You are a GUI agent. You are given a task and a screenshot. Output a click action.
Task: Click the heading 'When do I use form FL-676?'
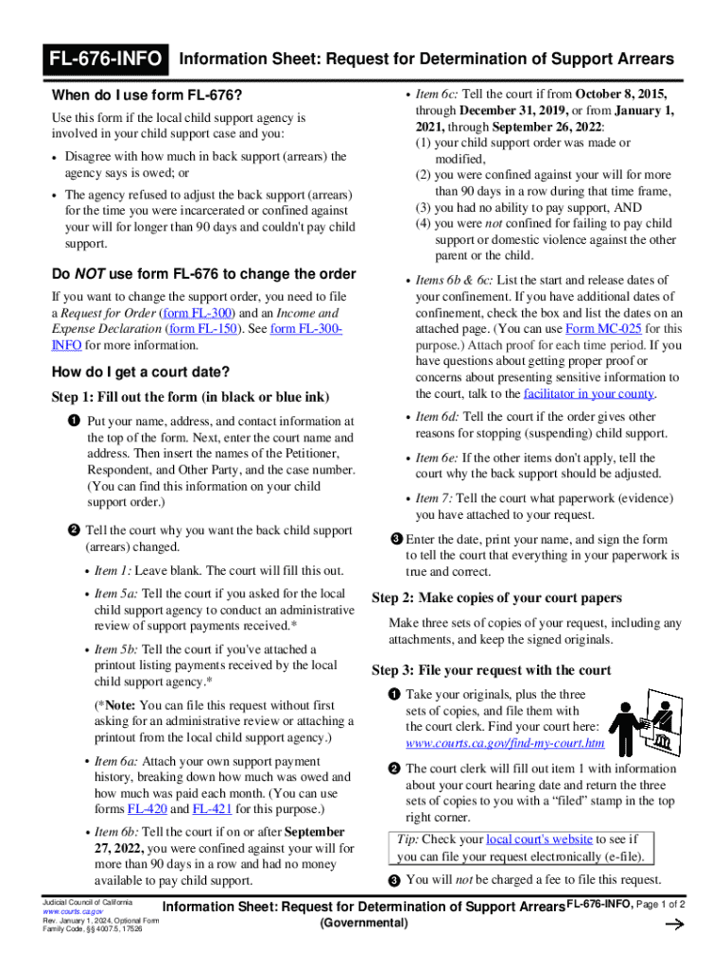[147, 95]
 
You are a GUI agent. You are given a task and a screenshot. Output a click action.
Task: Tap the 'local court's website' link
[540, 838]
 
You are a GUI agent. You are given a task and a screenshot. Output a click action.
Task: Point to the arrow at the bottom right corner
[674, 925]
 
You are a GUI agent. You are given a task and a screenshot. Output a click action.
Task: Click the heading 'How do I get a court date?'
[141, 372]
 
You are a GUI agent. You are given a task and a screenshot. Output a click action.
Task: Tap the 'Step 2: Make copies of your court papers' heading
[496, 597]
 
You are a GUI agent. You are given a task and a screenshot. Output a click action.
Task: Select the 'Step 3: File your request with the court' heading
[491, 670]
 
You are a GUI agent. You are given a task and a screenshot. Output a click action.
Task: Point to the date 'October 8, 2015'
[622, 95]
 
